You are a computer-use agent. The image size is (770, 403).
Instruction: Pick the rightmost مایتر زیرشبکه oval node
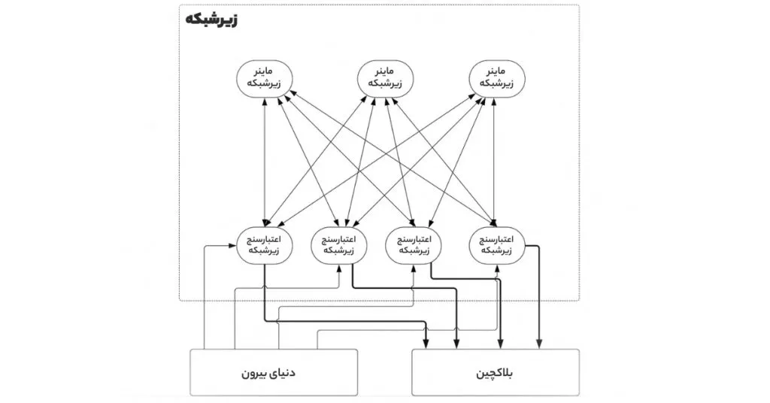pos(495,78)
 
